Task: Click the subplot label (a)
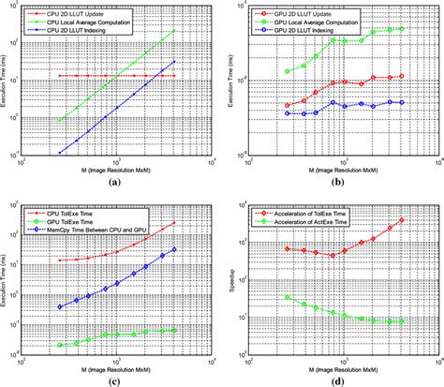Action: (113, 184)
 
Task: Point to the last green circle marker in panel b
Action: (402, 28)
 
